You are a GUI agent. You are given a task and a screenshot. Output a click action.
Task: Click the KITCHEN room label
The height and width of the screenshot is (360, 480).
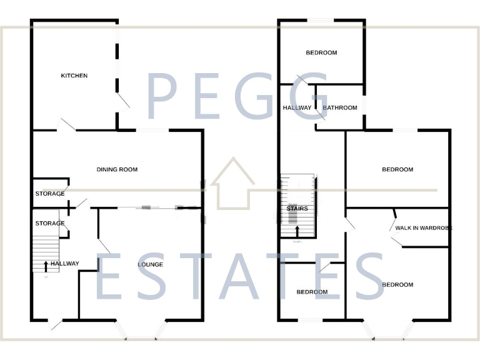74,76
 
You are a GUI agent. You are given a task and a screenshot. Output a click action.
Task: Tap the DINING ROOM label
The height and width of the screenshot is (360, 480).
117,169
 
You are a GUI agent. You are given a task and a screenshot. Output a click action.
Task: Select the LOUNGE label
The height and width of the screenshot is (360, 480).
150,264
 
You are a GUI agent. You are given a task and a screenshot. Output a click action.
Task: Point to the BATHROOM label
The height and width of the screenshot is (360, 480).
340,107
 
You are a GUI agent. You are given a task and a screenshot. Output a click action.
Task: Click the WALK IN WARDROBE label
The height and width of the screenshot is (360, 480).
423,228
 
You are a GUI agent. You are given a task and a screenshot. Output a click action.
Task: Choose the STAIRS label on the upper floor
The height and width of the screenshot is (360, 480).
297,209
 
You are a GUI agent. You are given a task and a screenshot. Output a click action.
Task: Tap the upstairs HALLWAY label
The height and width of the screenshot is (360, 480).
297,107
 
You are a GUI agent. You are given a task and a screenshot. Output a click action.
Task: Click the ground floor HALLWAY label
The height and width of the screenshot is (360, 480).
65,264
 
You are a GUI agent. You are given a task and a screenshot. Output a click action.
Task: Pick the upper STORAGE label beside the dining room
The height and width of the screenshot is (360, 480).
50,194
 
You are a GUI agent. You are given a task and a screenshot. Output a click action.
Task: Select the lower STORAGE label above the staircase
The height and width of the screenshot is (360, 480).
50,223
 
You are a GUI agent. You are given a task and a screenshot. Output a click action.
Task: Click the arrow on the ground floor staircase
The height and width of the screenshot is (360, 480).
45,266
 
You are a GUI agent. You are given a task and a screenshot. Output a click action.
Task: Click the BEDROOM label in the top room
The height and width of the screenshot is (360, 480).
321,52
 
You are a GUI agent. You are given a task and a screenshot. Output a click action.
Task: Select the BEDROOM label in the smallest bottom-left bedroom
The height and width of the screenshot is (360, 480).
312,292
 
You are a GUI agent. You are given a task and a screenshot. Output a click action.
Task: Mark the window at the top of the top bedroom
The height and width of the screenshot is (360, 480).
322,21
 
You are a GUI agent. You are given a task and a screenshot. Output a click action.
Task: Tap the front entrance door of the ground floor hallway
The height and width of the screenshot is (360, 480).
56,324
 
